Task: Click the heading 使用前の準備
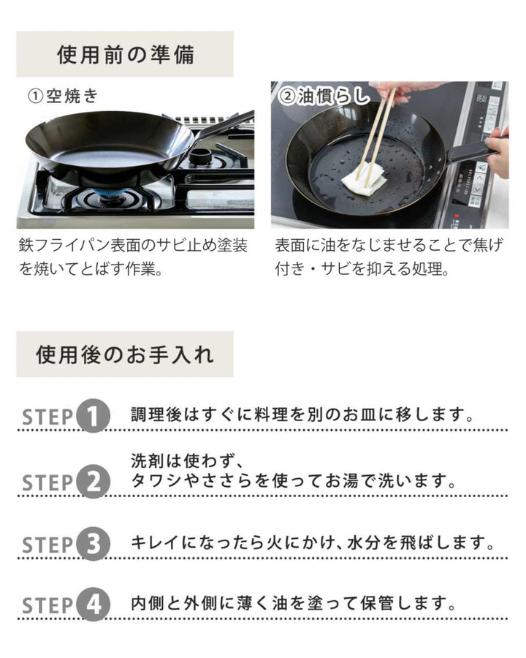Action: (x=125, y=55)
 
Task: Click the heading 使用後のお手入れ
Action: (x=125, y=355)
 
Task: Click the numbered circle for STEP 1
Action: (x=94, y=416)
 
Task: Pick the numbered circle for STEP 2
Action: (x=94, y=483)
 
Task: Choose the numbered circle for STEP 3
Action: (x=94, y=544)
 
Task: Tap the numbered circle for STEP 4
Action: (x=94, y=605)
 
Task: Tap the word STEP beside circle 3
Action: (x=47, y=545)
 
